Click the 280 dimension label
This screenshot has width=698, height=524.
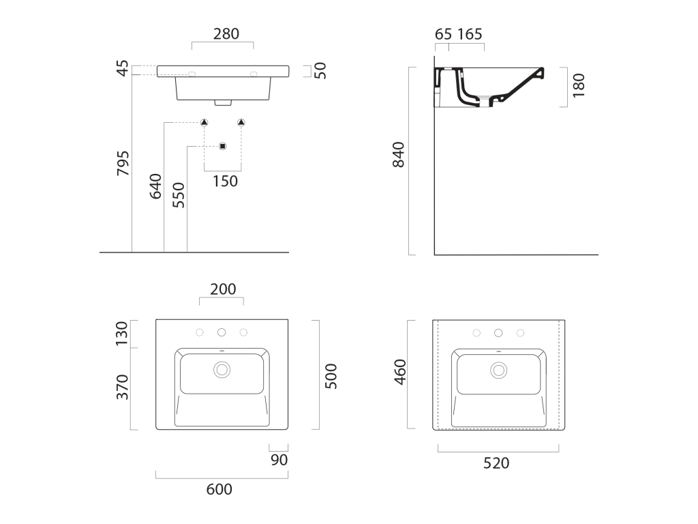click(x=226, y=34)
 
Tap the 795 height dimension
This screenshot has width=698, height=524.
click(x=123, y=163)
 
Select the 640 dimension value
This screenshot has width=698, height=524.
click(x=155, y=186)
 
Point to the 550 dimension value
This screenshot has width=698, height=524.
click(x=178, y=194)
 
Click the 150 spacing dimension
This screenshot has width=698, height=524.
click(x=225, y=181)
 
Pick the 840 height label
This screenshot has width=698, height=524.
click(x=398, y=155)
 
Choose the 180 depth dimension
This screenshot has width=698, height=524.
click(x=578, y=85)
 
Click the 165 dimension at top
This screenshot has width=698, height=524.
click(x=470, y=34)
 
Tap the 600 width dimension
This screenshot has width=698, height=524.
click(x=219, y=489)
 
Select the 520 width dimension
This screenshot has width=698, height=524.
click(x=496, y=463)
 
